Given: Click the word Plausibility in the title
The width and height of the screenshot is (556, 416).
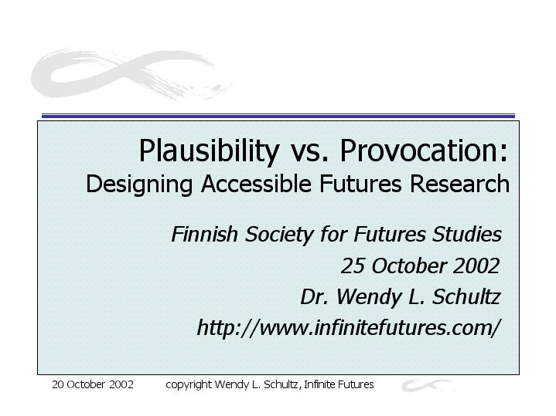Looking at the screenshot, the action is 209,151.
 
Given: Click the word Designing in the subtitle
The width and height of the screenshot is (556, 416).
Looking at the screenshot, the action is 139,184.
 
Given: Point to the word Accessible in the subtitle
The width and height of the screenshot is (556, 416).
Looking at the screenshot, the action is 257,184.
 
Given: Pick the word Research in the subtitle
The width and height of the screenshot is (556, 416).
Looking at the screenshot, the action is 460,184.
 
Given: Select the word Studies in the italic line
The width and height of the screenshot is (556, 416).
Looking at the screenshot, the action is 467,234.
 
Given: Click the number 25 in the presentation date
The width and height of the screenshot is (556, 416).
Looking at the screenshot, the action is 353,265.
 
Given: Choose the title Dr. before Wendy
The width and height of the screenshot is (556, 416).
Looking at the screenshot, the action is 314,296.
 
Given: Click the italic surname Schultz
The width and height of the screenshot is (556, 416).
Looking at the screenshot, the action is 466,296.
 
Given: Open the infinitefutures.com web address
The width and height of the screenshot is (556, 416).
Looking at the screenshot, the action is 349,328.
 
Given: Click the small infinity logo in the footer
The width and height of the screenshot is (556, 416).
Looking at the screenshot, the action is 428,385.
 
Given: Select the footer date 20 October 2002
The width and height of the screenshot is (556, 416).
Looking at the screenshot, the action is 93,384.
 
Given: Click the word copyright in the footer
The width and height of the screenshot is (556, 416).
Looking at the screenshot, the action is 189,385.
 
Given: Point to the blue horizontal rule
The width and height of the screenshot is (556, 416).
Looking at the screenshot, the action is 278,116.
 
